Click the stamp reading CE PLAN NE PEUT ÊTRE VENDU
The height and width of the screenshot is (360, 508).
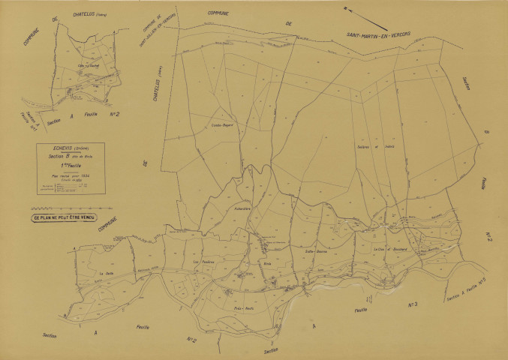(68, 218)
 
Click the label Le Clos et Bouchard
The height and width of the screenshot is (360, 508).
(389, 249)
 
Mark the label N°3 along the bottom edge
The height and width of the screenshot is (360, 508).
(412, 304)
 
